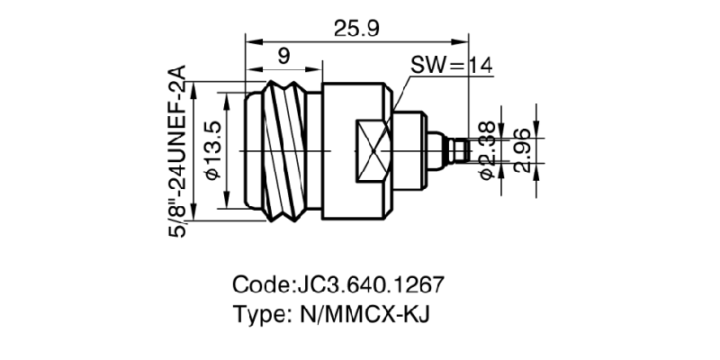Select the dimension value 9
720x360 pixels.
pyautogui.click(x=283, y=57)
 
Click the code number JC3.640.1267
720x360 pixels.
pyautogui.click(x=368, y=285)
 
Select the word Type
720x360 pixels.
pyautogui.click(x=260, y=316)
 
